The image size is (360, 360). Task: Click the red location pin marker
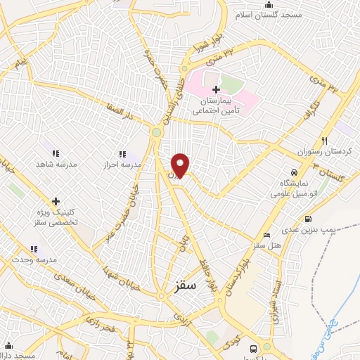(181, 165)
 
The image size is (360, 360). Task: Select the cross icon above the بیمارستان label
(216, 89)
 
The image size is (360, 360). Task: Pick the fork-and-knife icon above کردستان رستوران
(324, 141)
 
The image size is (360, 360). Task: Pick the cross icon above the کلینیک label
(56, 202)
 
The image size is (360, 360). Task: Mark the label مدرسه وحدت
(33, 260)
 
